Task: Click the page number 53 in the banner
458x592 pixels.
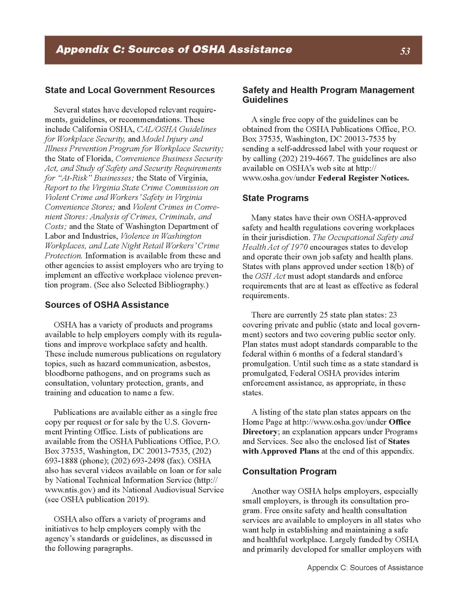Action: [405, 51]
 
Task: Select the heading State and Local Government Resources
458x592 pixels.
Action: [130, 90]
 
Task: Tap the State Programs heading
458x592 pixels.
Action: [275, 198]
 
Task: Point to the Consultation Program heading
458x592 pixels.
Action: [289, 471]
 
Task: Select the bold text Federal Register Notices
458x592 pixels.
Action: [363, 178]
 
